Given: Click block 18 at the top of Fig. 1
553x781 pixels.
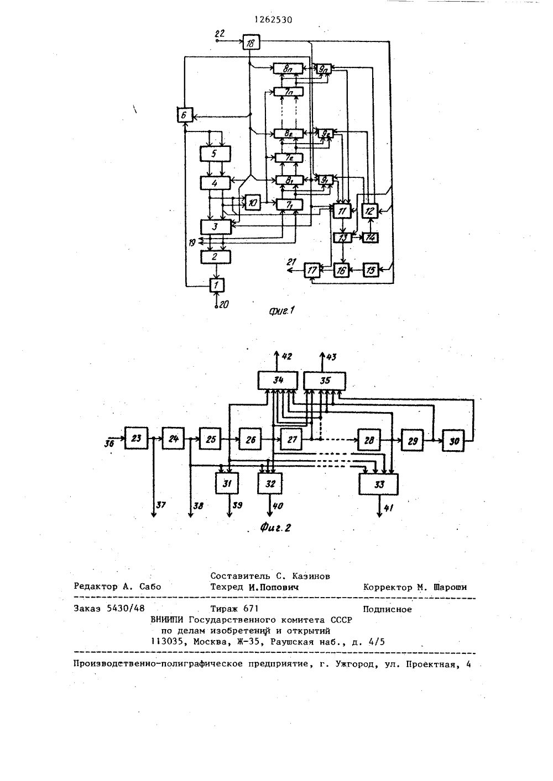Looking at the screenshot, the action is pos(251,42).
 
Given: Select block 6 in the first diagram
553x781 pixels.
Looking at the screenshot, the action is pos(184,114).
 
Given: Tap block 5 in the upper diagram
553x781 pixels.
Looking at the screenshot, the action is pos(215,154).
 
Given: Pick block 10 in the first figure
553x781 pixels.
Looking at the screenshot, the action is pos(252,202).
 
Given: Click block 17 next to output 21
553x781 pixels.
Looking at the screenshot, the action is pos(312,270).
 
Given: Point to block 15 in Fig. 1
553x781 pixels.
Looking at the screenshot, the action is pos(371,270).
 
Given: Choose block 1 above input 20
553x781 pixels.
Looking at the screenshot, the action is pos(216,285).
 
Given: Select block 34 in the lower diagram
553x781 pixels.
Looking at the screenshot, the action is pos(278,381).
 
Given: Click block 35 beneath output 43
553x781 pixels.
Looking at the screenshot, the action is pos(325,381).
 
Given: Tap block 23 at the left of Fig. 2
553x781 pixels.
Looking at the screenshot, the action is pos(136,438).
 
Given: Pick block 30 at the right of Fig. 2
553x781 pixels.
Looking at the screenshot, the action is pos(453,441).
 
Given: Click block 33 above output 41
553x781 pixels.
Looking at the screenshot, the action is pos(378,484).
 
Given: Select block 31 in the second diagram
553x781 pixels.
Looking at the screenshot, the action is pos(227,483).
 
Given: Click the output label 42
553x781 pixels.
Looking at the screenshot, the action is pos(286,357).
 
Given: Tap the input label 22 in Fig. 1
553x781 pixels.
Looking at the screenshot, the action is pos(220,34).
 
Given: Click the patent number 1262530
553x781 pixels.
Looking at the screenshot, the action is pos(273,20).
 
